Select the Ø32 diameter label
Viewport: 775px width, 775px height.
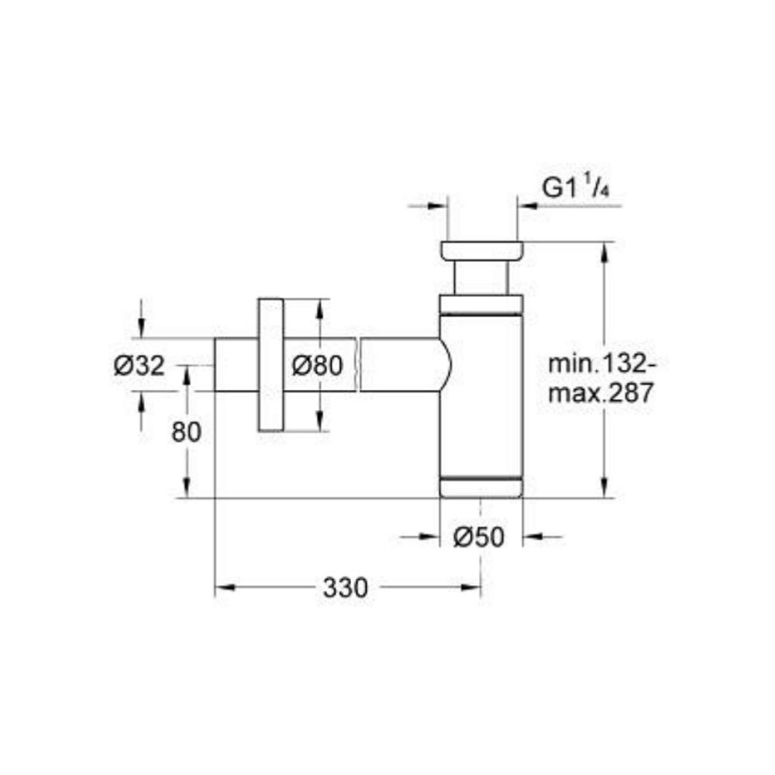point(139,366)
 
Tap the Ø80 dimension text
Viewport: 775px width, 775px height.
point(317,366)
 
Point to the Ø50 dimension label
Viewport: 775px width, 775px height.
point(478,537)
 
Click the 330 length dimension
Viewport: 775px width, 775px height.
point(346,587)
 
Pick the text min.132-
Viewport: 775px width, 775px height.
point(602,363)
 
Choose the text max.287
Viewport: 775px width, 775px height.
point(601,393)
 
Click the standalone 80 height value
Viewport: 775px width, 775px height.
point(186,432)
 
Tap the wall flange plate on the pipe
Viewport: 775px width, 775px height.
point(270,365)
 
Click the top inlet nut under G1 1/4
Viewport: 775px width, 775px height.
point(482,250)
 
